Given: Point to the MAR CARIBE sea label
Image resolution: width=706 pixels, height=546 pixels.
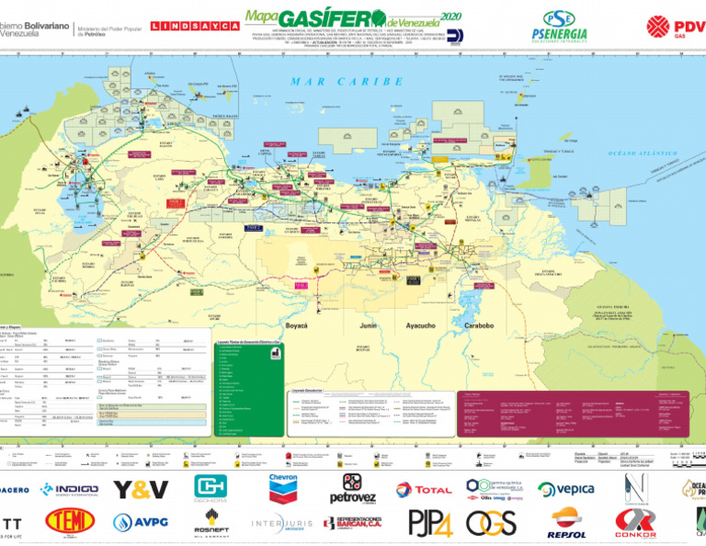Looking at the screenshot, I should pyautogui.click(x=347, y=82).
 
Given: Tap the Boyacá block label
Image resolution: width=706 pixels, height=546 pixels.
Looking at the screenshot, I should pyautogui.click(x=297, y=325).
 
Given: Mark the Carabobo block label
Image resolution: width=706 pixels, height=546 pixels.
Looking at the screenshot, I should pyautogui.click(x=481, y=325).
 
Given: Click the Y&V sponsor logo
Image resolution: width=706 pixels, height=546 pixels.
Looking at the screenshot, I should pyautogui.click(x=141, y=489).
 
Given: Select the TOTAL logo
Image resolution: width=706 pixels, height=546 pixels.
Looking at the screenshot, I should pyautogui.click(x=423, y=490).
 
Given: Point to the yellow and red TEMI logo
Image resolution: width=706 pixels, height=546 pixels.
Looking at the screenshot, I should pyautogui.click(x=70, y=522).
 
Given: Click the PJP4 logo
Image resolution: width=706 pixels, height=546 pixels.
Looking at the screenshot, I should pyautogui.click(x=430, y=523).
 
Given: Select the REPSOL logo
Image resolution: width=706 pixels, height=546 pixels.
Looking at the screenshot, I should pyautogui.click(x=567, y=523).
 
